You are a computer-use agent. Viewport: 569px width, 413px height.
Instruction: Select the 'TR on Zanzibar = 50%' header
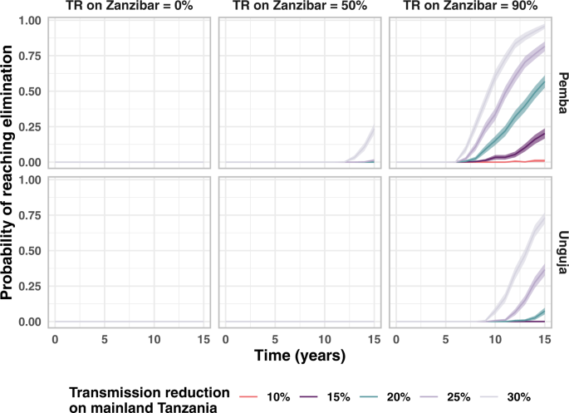tap(299, 7)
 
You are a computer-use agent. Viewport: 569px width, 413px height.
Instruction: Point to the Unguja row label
tap(561, 249)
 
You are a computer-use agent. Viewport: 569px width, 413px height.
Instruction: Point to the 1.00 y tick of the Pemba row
tap(31, 20)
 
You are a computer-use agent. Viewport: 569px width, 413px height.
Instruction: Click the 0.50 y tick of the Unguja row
tap(31, 250)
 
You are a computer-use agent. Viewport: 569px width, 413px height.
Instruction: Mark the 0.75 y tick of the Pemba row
tap(31, 56)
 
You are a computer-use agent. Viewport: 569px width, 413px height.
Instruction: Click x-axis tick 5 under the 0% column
tap(105, 339)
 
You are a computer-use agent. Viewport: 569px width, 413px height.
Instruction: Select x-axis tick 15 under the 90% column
tap(544, 339)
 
